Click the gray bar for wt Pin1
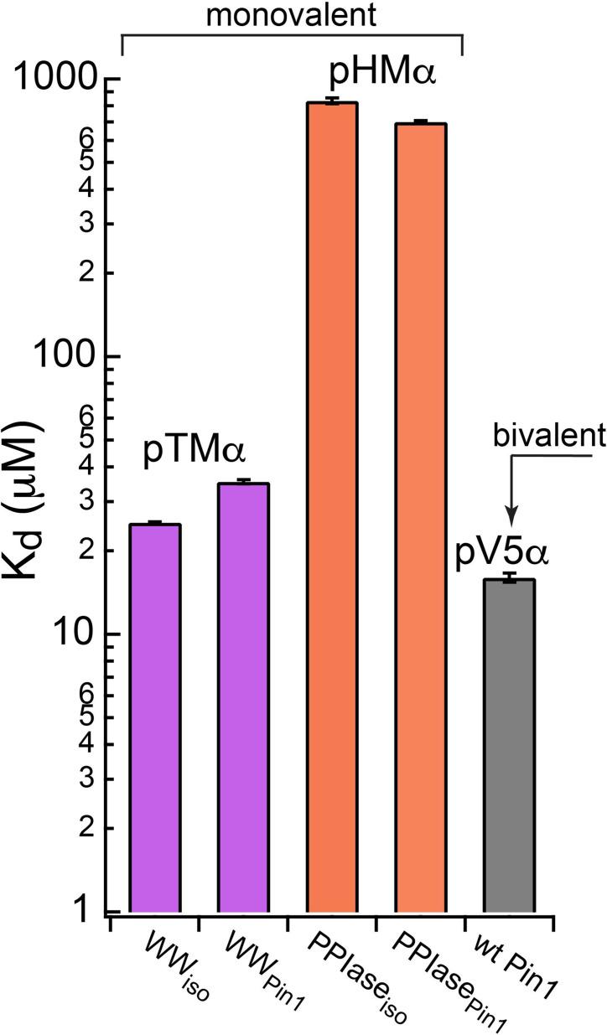point(510,745)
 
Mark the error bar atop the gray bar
point(510,577)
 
